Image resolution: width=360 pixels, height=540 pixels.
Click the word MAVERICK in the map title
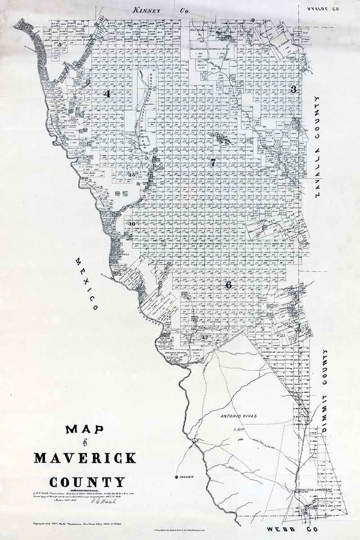tap(85, 458)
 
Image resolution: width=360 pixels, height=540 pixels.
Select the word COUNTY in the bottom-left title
tap(87, 482)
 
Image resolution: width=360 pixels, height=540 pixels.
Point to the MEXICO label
tap(86, 284)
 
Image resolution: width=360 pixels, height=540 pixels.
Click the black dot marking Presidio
tap(177, 477)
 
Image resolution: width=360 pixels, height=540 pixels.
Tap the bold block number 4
tap(107, 94)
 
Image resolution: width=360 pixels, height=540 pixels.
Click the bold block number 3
tap(293, 89)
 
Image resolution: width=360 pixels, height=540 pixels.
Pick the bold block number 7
tap(213, 162)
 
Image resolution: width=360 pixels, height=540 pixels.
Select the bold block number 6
tap(229, 285)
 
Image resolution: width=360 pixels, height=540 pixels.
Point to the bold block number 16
tap(132, 224)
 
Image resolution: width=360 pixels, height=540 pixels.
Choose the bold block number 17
tap(206, 337)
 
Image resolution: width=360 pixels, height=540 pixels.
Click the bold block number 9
tap(253, 20)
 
